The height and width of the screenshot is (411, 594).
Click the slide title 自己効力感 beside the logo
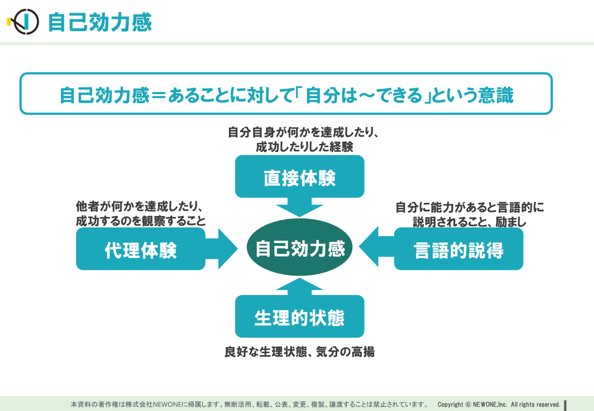(x=100, y=22)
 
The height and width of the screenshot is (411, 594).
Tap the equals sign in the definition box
(x=159, y=95)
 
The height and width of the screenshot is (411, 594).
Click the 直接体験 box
(x=300, y=176)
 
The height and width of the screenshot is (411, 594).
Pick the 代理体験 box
(x=141, y=249)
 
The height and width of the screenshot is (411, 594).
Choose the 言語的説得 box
(x=458, y=249)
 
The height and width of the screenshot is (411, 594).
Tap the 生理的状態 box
(x=300, y=316)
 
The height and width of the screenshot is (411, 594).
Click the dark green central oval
(x=300, y=247)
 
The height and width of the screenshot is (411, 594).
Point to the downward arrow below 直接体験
(x=300, y=207)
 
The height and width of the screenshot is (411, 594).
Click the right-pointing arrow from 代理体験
(x=222, y=249)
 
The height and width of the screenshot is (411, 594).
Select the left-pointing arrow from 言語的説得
(x=377, y=247)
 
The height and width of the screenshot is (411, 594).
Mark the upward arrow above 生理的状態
(x=300, y=286)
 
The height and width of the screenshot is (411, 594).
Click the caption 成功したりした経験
(x=304, y=147)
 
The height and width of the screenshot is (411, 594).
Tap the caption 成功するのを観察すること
(x=141, y=221)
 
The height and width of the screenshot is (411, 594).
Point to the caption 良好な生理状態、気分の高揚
(x=300, y=352)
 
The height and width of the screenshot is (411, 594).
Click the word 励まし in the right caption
(x=511, y=222)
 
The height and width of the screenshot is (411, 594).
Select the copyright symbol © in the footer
(x=468, y=405)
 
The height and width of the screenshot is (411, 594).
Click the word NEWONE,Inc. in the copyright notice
(x=490, y=405)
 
